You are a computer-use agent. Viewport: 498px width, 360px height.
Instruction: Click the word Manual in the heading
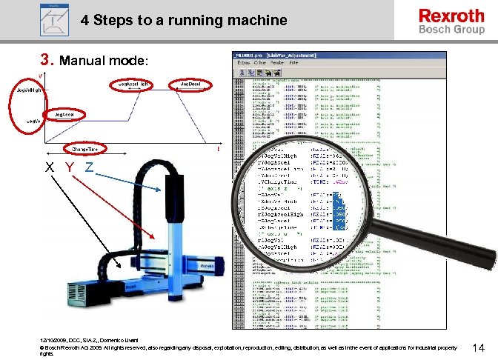tap(84, 59)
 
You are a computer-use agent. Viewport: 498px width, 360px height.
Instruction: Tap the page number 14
tap(478, 347)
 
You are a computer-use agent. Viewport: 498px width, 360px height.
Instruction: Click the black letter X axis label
tap(49, 167)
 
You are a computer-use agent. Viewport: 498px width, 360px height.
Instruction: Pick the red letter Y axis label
tap(69, 167)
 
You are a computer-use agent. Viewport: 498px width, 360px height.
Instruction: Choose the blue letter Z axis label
tap(88, 167)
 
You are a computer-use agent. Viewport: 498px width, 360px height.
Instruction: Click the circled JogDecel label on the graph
tap(190, 85)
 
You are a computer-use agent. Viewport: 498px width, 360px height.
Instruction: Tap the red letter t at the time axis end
tap(218, 149)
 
